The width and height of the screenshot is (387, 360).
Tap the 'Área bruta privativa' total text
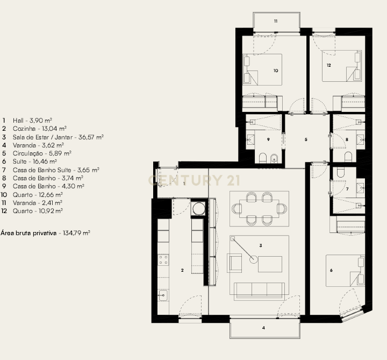click(x=45, y=233)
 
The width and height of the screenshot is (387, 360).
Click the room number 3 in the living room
click(x=260, y=245)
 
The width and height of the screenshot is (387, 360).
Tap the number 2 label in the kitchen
click(x=182, y=270)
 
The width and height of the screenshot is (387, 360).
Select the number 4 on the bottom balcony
click(x=263, y=327)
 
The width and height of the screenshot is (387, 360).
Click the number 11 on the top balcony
click(x=275, y=21)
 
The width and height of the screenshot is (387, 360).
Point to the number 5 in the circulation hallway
click(x=306, y=139)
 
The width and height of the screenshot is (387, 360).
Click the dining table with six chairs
click(x=259, y=209)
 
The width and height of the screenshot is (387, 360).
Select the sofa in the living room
click(x=260, y=290)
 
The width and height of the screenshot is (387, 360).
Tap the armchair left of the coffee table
click(x=235, y=263)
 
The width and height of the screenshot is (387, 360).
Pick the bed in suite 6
click(x=345, y=271)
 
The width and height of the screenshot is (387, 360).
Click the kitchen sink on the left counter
click(x=163, y=295)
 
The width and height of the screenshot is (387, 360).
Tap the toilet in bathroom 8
click(x=348, y=156)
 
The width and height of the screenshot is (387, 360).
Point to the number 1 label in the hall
click(x=184, y=183)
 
